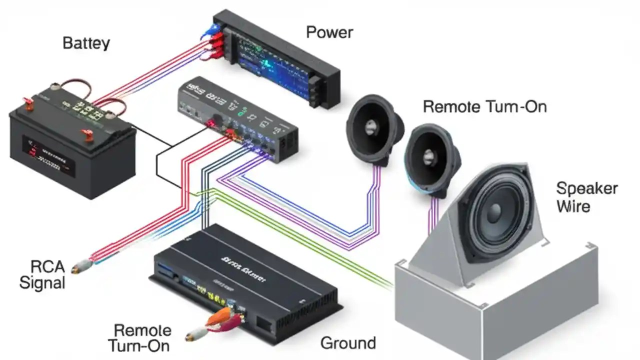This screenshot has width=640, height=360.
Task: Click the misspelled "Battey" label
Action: (86, 43)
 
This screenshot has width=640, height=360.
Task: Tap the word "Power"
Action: (329, 32)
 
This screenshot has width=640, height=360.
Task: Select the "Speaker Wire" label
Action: (586, 197)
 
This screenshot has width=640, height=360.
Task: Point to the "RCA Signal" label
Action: (42, 274)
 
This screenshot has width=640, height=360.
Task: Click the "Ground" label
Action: (347, 343)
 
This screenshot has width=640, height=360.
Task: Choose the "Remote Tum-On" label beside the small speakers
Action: (484, 106)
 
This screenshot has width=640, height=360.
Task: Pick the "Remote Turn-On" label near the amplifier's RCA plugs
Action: (142, 337)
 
